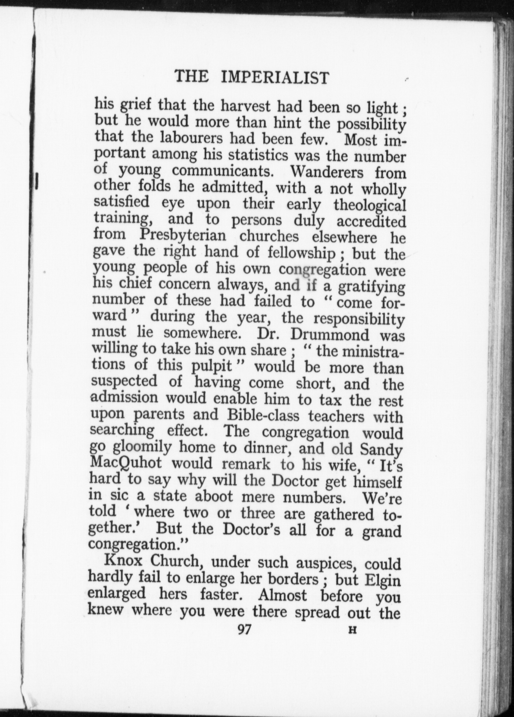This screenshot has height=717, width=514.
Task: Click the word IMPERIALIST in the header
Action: pyautogui.click(x=275, y=77)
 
